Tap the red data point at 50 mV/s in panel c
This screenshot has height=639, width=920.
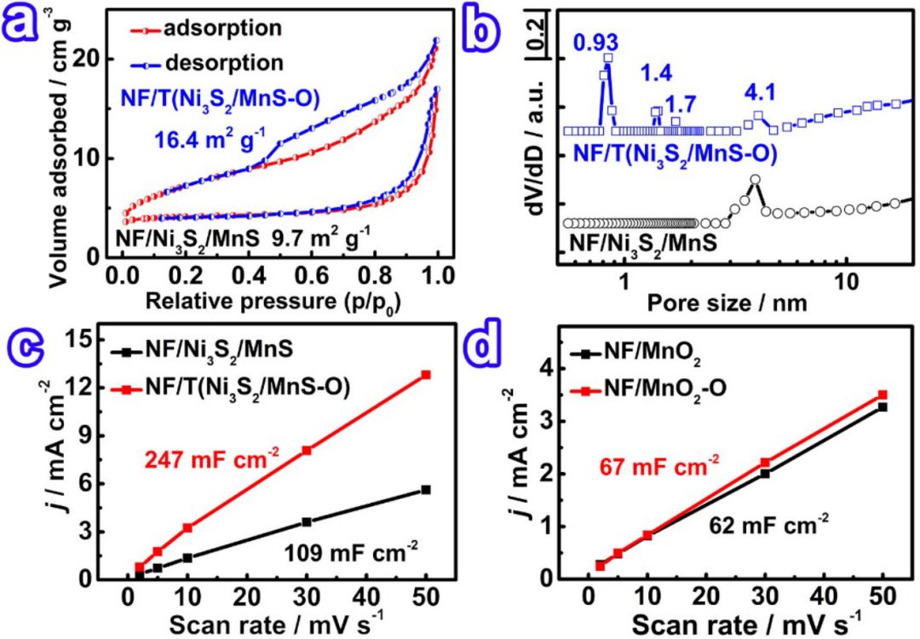point(426,374)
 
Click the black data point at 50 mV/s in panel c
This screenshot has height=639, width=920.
point(426,489)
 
